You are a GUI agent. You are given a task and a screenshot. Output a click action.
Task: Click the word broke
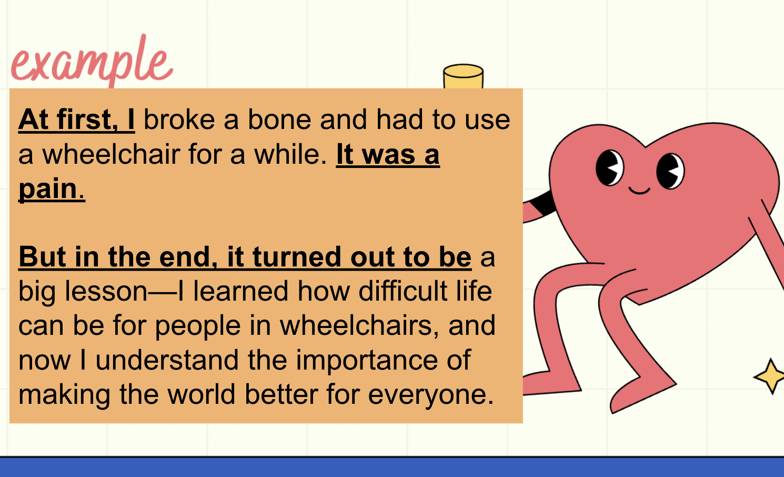[179, 120]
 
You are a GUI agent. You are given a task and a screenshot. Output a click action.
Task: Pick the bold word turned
[296, 257]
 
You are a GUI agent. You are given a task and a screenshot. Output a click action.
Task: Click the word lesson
[106, 291]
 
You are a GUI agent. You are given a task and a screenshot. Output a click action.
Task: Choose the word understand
[167, 360]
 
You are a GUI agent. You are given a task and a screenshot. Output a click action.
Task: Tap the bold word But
[42, 257]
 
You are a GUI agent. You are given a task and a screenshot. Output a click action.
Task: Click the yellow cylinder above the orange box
[464, 76]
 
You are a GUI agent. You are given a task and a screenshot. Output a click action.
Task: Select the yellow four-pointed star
[770, 376]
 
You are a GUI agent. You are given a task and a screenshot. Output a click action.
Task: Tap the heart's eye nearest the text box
[609, 168]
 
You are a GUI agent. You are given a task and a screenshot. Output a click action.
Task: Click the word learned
[241, 291]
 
